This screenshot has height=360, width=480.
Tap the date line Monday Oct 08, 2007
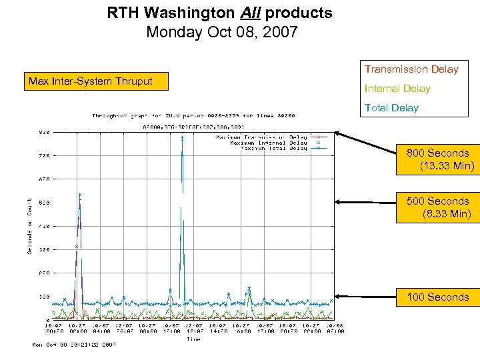click(222, 32)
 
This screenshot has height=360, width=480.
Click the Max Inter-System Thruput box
click(95, 81)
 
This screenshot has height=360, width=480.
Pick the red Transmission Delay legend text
click(411, 69)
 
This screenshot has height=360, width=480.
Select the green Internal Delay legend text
click(397, 89)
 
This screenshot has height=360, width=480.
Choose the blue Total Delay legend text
click(391, 108)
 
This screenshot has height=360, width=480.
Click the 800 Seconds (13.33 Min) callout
click(437, 159)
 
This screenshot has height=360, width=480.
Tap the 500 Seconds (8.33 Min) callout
click(437, 207)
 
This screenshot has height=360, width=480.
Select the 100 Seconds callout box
click(437, 297)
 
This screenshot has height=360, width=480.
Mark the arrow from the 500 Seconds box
click(367, 201)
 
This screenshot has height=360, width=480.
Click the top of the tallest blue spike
click(182, 137)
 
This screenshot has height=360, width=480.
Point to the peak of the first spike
click(80, 195)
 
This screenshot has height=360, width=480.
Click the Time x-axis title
click(193, 339)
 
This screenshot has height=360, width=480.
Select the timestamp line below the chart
click(75, 345)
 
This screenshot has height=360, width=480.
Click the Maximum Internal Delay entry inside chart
click(268, 143)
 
